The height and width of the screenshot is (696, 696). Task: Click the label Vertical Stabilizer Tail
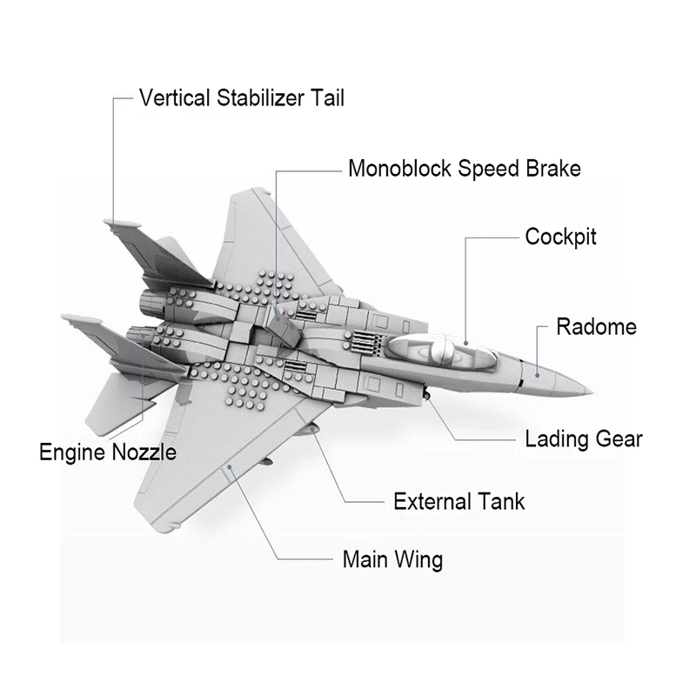pos(242,97)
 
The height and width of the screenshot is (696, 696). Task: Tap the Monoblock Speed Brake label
pos(464,168)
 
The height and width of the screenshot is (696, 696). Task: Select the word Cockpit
pos(561,237)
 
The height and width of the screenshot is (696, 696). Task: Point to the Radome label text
pos(596,327)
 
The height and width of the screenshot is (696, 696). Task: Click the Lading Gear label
pos(583,438)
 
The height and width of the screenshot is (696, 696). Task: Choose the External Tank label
pos(458,501)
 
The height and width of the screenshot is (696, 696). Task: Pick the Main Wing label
pos(392,559)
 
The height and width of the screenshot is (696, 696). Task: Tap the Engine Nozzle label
pos(108,452)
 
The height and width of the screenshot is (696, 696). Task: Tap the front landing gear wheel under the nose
pos(428,397)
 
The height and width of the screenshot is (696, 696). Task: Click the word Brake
pos(550,168)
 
